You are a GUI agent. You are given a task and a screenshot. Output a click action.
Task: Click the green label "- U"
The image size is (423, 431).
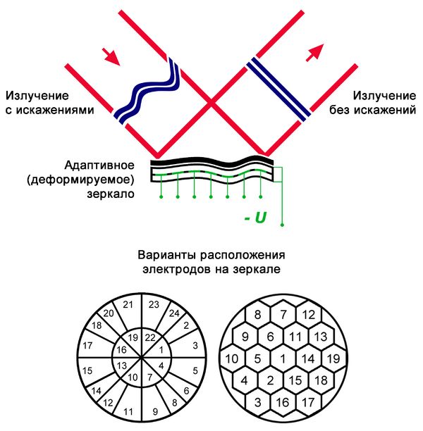[x=255, y=219]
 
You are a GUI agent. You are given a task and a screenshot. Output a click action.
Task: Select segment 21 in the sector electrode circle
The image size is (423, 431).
[x=128, y=304]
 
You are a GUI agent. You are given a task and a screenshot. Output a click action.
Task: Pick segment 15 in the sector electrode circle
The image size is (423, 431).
[x=88, y=370]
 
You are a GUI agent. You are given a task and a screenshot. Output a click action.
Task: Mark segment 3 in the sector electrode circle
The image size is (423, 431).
[x=195, y=346]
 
